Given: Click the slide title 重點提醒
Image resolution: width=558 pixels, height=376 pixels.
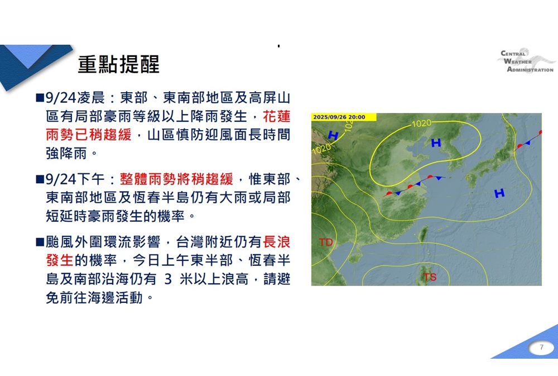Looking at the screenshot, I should pyautogui.click(x=118, y=65).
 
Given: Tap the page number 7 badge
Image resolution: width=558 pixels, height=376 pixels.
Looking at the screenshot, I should pyautogui.click(x=540, y=348).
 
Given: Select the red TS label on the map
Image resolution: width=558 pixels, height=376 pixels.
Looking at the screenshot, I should pyautogui.click(x=430, y=277).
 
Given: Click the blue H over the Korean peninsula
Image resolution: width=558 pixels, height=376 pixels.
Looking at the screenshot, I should pyautogui.click(x=436, y=143).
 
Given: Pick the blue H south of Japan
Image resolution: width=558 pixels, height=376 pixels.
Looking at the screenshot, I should pyautogui.click(x=499, y=193).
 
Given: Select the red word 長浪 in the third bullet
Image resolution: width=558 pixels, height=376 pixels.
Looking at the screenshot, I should pyautogui.click(x=277, y=242).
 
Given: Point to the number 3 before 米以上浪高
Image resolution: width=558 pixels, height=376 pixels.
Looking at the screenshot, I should pyautogui.click(x=168, y=279).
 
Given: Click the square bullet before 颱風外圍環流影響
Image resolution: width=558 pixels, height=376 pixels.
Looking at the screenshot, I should pyautogui.click(x=40, y=242).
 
